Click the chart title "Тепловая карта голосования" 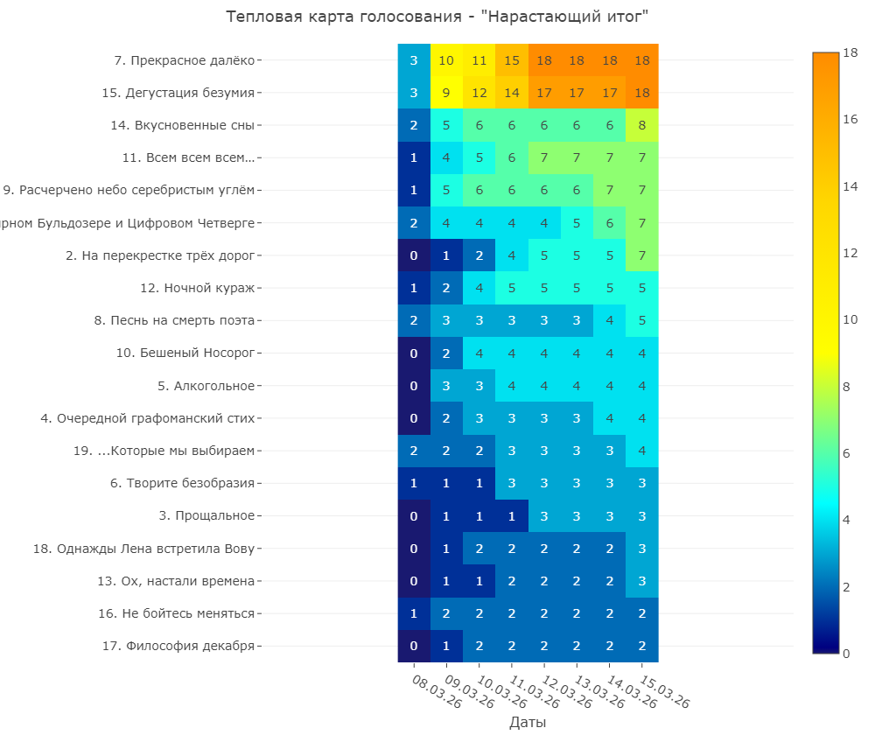[437, 17]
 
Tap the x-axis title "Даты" [528, 723]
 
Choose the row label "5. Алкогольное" [206, 386]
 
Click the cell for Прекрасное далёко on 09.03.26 [446, 60]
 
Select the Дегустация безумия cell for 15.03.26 [642, 93]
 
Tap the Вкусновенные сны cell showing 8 [642, 125]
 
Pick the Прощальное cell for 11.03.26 [512, 515]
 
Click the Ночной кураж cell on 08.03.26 [414, 288]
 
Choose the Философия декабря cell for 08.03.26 [414, 646]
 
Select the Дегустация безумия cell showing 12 [479, 93]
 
